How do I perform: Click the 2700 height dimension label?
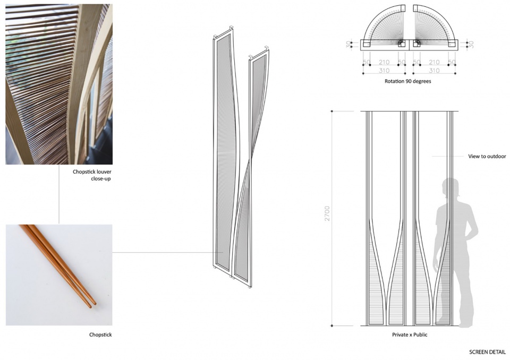coord(327,213)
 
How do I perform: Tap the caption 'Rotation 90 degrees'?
coord(407,81)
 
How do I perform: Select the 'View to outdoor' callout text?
coord(487,157)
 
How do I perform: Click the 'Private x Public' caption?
coord(410,335)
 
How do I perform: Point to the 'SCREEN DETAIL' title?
coord(487,352)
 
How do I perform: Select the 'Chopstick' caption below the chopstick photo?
coord(100,335)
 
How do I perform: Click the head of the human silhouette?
coord(450,187)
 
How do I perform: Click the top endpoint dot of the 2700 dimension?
coord(331,111)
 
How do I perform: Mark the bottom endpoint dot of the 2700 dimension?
coord(331,325)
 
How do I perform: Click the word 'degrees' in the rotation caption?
coord(421,82)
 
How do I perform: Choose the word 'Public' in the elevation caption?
coord(420,335)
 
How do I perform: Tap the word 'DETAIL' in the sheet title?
coord(497,352)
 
